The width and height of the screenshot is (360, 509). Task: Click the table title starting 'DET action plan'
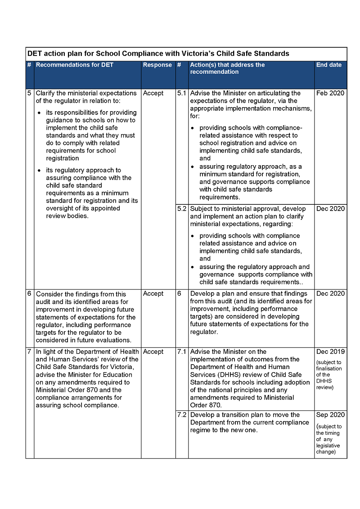pos(158,54)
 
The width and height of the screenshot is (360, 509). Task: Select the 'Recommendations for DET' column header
pos(75,65)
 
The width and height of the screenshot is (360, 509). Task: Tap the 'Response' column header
pos(157,65)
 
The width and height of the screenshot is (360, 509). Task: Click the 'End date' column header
pos(329,65)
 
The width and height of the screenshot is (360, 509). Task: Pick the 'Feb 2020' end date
pos(330,93)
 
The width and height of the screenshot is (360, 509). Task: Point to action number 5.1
pos(182,93)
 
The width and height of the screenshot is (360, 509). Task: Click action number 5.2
pos(182,209)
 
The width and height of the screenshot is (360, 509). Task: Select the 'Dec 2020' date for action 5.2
pos(330,209)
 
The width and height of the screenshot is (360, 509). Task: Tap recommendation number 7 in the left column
pos(30,351)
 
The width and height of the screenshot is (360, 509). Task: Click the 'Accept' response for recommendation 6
pos(153,293)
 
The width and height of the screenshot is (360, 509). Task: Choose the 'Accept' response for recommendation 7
pos(153,351)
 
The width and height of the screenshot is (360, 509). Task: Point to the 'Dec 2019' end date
pos(330,351)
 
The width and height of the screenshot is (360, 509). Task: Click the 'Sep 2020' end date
pos(330,414)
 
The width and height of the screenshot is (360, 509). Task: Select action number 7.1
pos(182,351)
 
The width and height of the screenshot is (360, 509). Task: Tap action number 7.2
pos(182,414)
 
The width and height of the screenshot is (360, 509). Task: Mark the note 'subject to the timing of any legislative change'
pos(328,439)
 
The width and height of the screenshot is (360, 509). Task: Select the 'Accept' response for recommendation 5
pos(153,93)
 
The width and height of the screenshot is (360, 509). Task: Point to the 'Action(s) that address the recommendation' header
pos(227,68)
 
